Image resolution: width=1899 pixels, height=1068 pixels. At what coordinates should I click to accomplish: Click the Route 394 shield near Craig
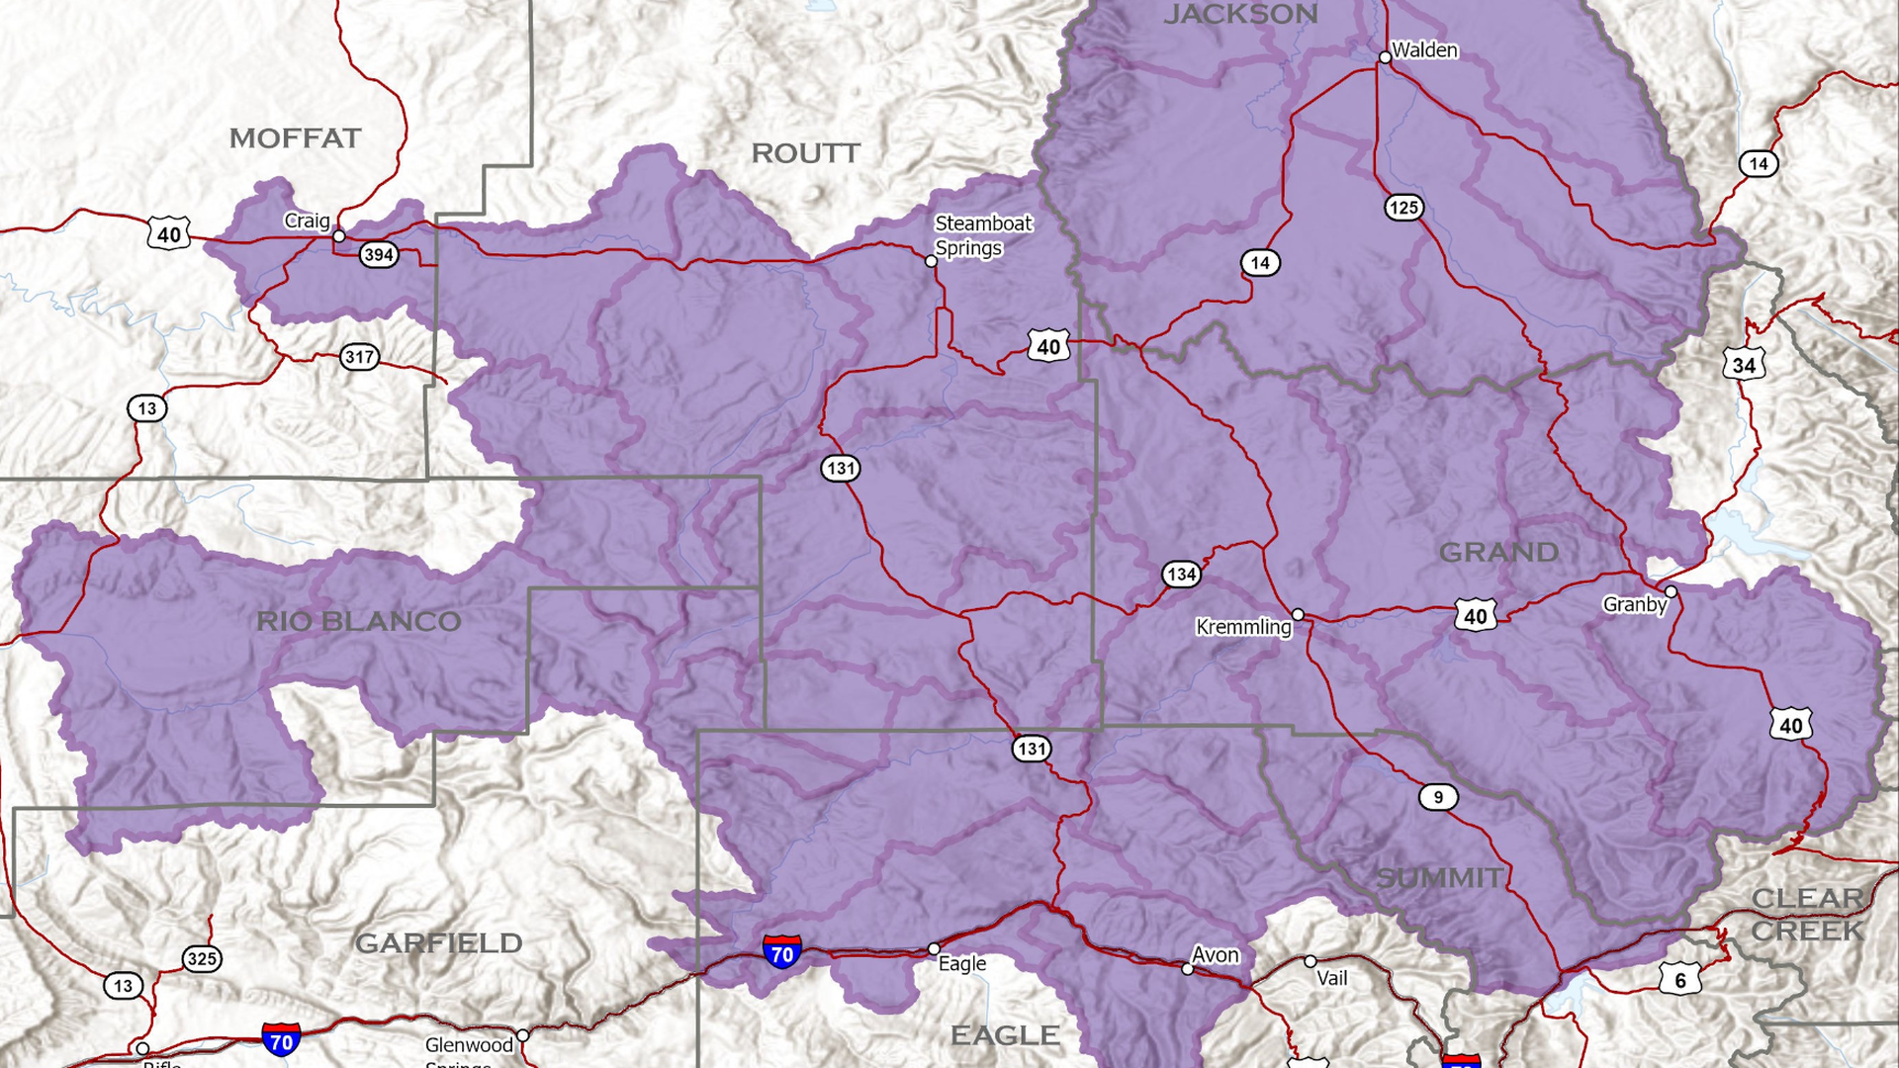pos(378,255)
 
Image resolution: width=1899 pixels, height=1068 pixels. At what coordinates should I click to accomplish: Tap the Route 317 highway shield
pos(359,357)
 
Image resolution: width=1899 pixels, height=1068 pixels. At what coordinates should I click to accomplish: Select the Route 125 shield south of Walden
pos(1403,208)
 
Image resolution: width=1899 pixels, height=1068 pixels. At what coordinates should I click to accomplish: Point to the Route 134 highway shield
pos(1181,575)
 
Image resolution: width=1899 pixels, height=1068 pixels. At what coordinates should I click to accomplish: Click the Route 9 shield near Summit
pos(1438,797)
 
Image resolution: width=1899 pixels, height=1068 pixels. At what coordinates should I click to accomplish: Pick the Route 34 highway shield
pos(1744,366)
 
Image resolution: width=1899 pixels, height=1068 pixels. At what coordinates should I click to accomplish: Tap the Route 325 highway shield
pos(202,958)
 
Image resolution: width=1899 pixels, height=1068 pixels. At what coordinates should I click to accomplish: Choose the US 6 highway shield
pos(1680,980)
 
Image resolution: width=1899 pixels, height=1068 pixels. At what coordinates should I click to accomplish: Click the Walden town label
pos(1424,50)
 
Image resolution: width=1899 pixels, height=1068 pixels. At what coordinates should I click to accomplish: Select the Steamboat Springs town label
pos(983,236)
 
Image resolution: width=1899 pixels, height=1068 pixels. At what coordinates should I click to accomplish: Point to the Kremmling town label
pos(1243,627)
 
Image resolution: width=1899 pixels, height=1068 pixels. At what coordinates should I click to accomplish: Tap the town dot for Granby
pos(1671,591)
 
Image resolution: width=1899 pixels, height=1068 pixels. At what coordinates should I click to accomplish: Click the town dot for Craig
pos(338,236)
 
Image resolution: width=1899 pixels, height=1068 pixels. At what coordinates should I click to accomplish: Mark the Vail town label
pos(1332,978)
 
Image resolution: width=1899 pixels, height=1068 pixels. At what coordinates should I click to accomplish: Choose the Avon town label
pos(1216,955)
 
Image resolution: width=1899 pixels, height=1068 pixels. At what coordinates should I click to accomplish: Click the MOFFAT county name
pos(295,138)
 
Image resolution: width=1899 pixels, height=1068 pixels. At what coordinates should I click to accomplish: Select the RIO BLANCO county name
pos(358,621)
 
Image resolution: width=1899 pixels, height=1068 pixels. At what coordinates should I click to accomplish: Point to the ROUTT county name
pos(805,153)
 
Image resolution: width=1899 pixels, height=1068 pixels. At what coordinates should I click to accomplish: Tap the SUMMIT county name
pos(1440,877)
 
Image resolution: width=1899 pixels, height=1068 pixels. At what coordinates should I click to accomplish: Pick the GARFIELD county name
pos(438,943)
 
